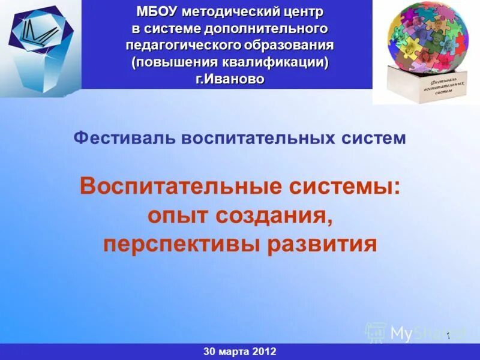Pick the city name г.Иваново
[x=230, y=79]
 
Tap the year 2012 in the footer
[x=264, y=352]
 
